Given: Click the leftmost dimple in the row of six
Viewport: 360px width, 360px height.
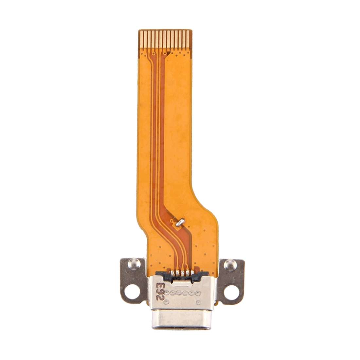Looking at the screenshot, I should (168, 292).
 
